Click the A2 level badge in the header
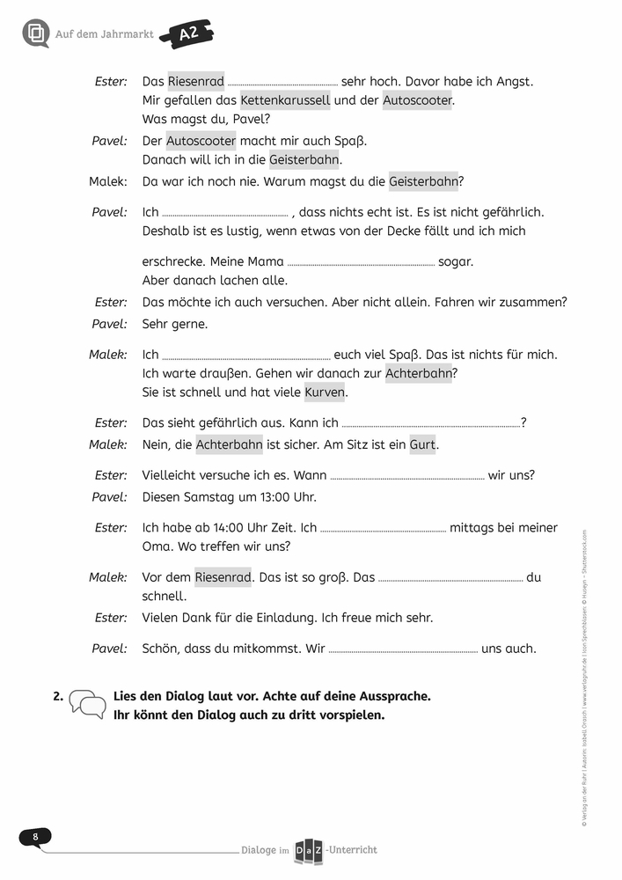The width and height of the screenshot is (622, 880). [x=187, y=34]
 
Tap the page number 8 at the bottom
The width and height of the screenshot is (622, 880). [x=35, y=836]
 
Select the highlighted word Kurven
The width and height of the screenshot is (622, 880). [x=325, y=392]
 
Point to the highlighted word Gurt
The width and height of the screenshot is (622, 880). [x=422, y=444]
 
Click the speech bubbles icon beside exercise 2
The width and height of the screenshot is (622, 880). [x=87, y=702]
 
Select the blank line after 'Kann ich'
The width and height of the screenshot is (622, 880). [x=430, y=423]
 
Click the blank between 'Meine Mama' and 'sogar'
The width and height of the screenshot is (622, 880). [x=361, y=262]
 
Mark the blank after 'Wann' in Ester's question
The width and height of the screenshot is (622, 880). [x=407, y=476]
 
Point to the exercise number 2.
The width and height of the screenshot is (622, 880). [x=57, y=696]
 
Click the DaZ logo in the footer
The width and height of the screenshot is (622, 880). [x=310, y=849]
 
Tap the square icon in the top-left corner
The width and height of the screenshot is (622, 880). [x=36, y=33]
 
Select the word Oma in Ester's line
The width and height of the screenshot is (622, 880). [x=156, y=546]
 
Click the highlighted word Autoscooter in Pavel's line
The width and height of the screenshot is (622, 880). [x=201, y=141]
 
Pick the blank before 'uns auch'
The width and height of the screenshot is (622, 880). [x=403, y=649]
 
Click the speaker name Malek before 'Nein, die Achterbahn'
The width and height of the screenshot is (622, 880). [x=108, y=444]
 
